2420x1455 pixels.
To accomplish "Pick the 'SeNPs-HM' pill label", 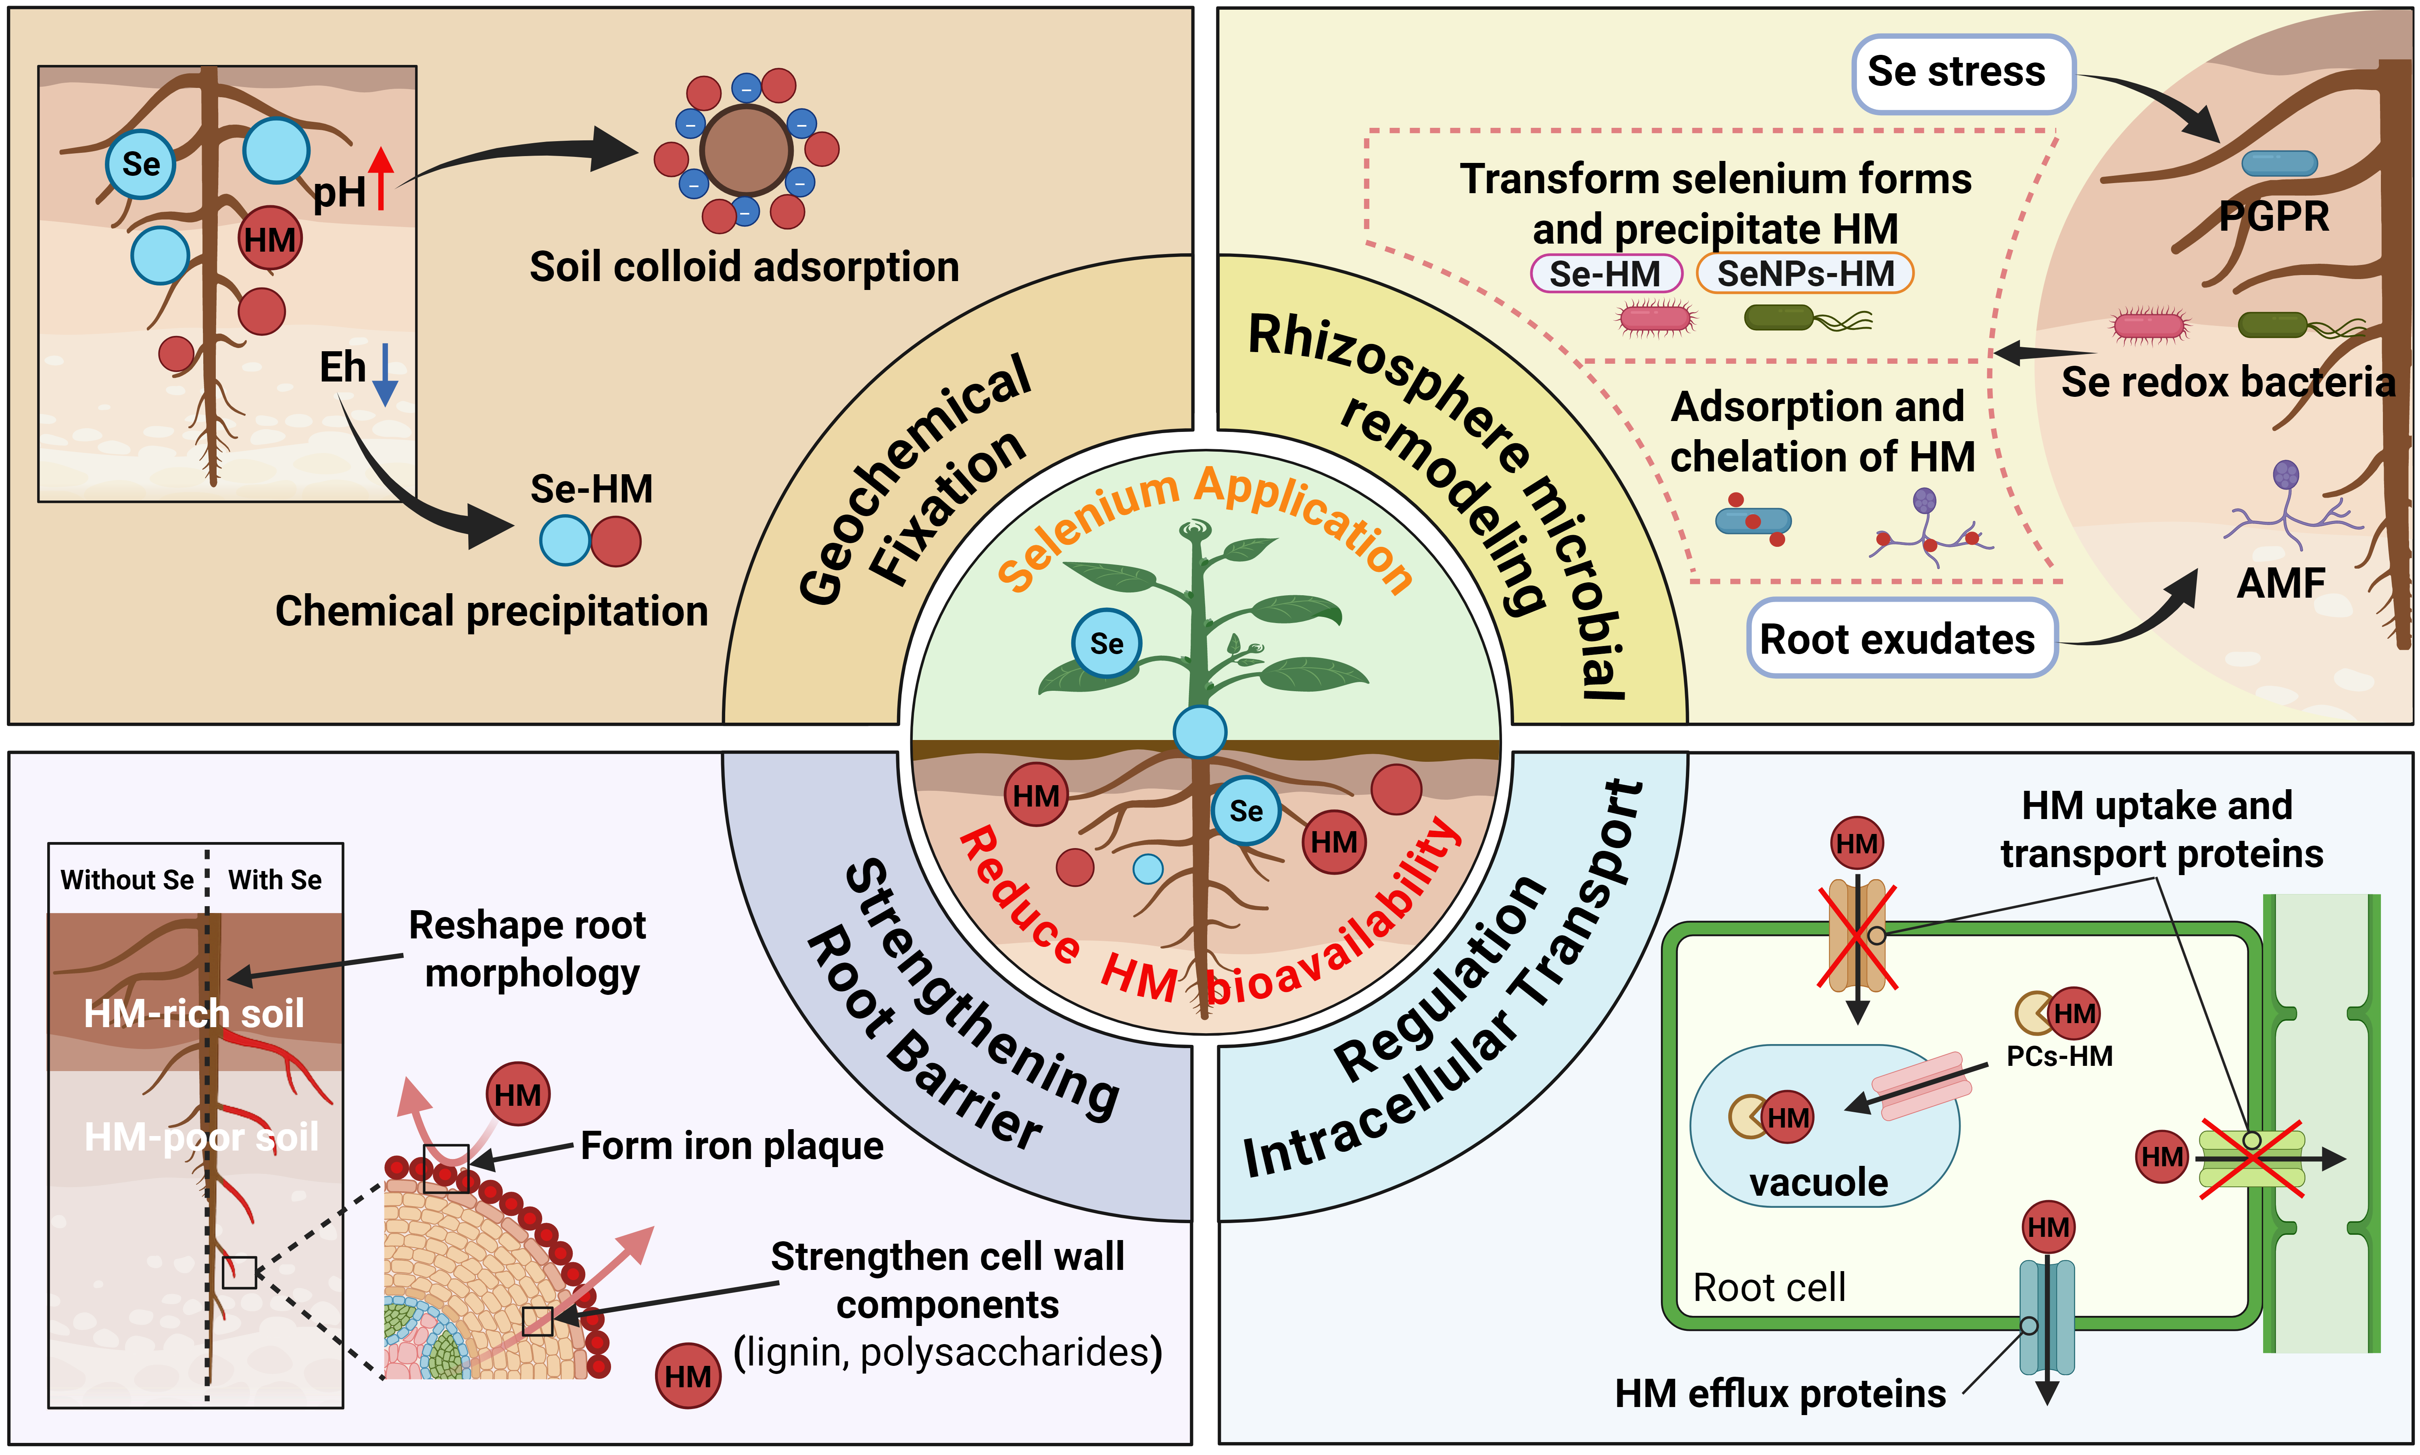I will [x=1804, y=273].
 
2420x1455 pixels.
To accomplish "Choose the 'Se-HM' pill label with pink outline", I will [x=1605, y=273].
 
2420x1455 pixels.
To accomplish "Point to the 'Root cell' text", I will [x=1769, y=1287].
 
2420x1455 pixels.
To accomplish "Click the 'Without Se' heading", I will [x=127, y=880].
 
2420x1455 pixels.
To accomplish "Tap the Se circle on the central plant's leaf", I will [x=1106, y=643].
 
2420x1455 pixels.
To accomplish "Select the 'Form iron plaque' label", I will [x=732, y=1145].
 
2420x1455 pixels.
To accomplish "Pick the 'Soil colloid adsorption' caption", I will [x=744, y=267].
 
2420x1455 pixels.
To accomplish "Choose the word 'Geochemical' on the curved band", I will [x=912, y=480].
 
